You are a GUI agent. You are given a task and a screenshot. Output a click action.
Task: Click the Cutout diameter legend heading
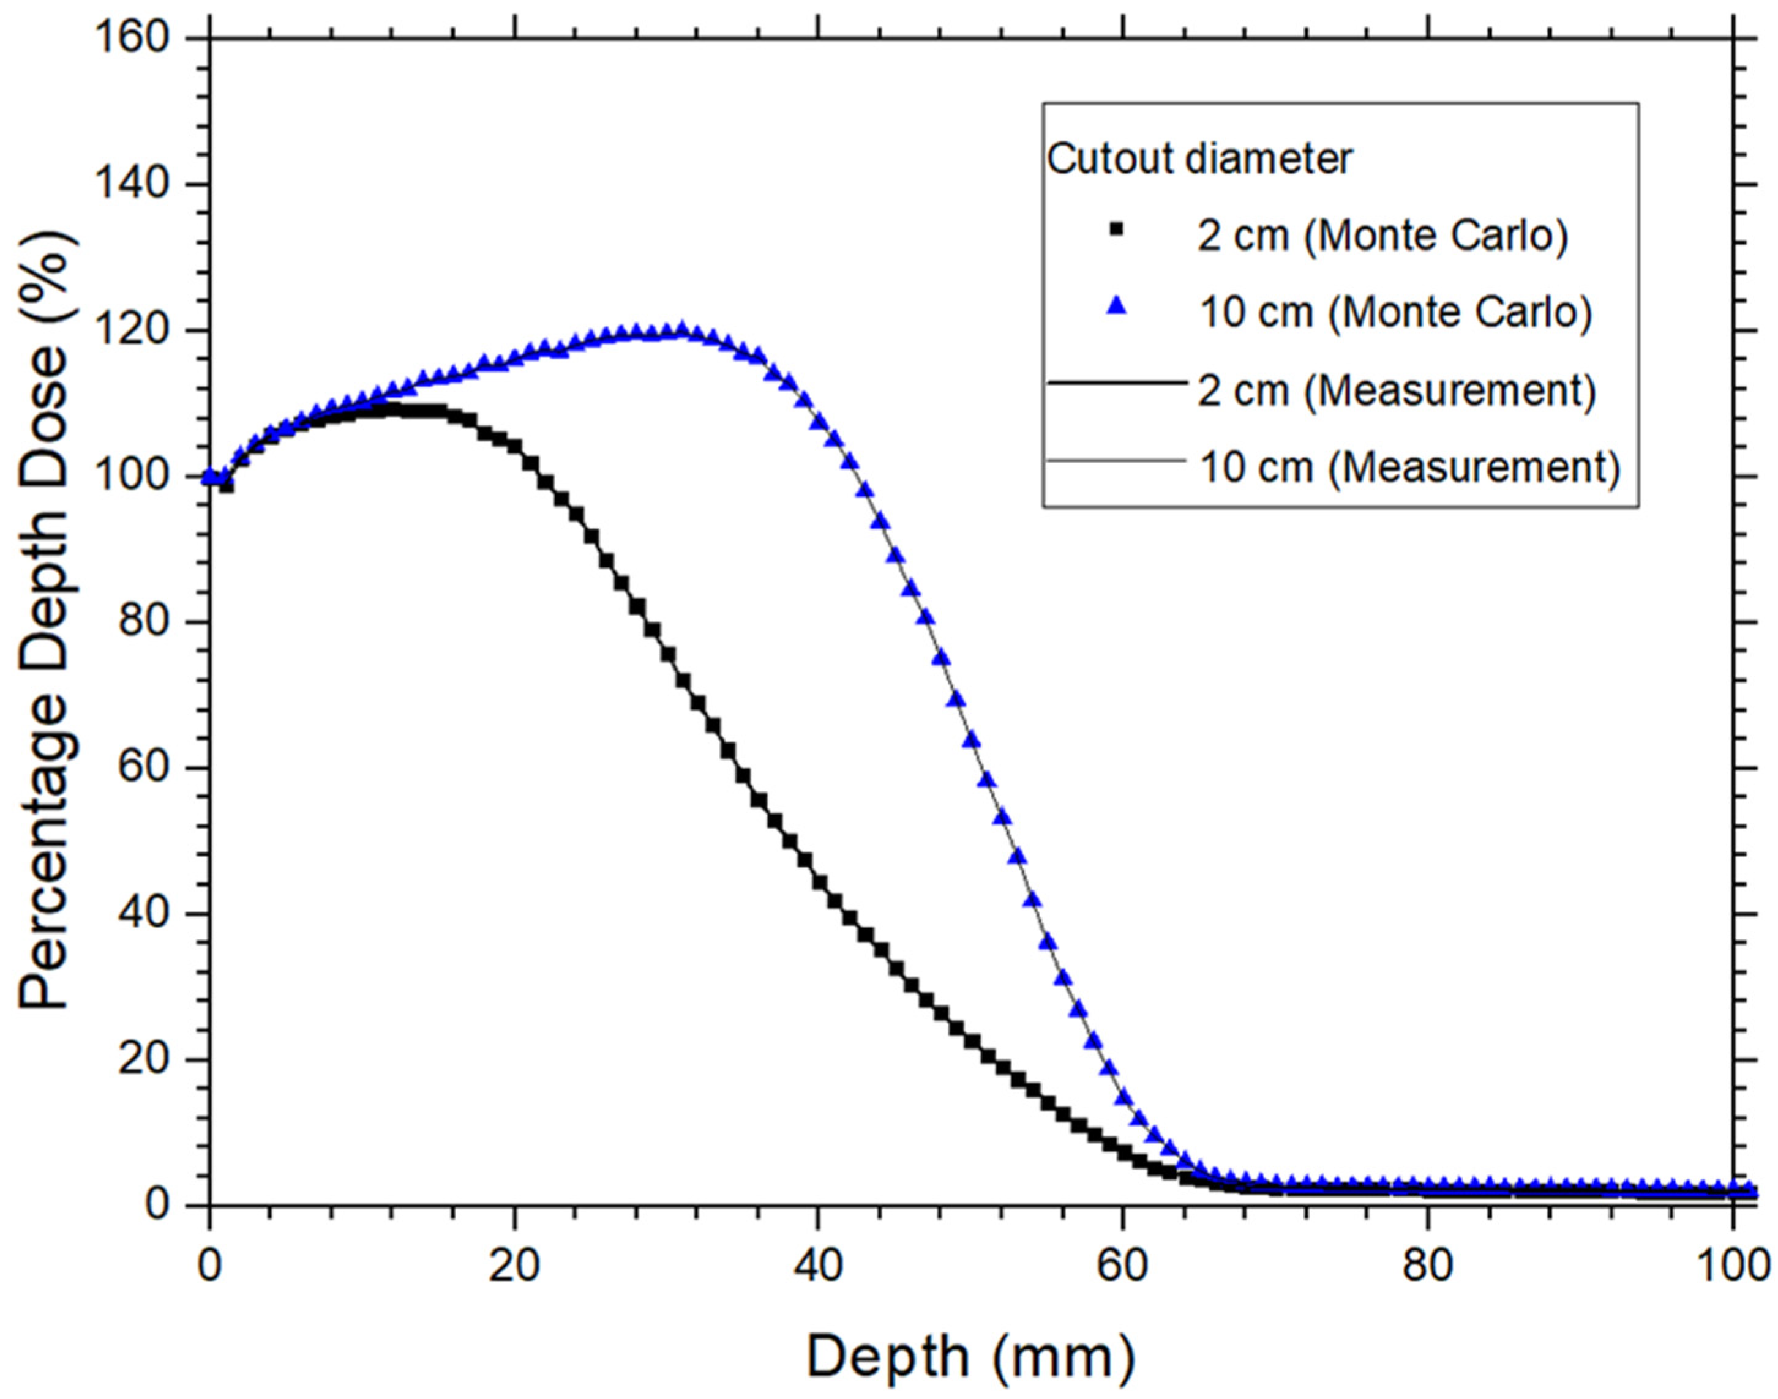tap(1199, 158)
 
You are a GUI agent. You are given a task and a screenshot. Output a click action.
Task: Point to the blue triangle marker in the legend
tap(1116, 307)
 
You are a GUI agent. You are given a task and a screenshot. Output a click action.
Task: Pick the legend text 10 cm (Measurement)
tap(1410, 467)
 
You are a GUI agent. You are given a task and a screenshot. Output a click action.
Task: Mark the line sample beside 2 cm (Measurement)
tap(1116, 382)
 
